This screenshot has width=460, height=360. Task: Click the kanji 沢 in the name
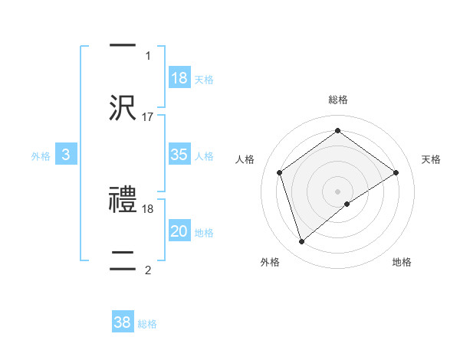pyautogui.click(x=123, y=108)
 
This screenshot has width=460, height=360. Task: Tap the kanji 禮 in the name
pyautogui.click(x=123, y=201)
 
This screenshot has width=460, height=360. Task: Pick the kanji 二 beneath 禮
pyautogui.click(x=123, y=258)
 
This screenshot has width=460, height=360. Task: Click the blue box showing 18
pyautogui.click(x=179, y=78)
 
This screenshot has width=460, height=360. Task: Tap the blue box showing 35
pyautogui.click(x=179, y=155)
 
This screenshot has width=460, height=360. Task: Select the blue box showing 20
pyautogui.click(x=179, y=231)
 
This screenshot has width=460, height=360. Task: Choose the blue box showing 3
pyautogui.click(x=66, y=155)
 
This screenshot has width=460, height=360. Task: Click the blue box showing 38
pyautogui.click(x=123, y=322)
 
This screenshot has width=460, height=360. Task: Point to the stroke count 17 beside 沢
pyautogui.click(x=148, y=116)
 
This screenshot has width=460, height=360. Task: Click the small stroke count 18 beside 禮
pyautogui.click(x=148, y=208)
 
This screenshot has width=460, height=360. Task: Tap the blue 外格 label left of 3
pyautogui.click(x=41, y=155)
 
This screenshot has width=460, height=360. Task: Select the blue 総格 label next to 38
pyautogui.click(x=147, y=323)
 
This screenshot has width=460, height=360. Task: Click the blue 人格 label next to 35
pyautogui.click(x=204, y=155)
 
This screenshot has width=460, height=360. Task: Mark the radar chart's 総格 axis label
pyautogui.click(x=337, y=100)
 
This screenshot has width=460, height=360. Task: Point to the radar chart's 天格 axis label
pyautogui.click(x=432, y=159)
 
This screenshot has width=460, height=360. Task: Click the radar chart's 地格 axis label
pyautogui.click(x=402, y=262)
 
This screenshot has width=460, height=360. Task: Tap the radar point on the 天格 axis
pyautogui.click(x=396, y=172)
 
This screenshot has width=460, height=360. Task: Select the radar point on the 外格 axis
pyautogui.click(x=301, y=242)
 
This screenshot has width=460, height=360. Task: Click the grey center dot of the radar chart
pyautogui.click(x=337, y=191)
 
